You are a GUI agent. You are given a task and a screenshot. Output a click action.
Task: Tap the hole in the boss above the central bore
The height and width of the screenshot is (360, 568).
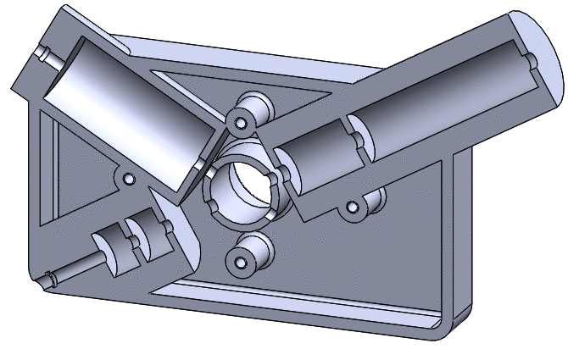241,123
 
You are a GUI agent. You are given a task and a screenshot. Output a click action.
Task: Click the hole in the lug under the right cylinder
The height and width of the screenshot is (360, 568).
354,205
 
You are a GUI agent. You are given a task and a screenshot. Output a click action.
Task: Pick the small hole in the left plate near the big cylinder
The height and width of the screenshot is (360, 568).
129,180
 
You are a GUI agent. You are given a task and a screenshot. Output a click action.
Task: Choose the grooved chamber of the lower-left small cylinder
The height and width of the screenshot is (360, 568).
136,241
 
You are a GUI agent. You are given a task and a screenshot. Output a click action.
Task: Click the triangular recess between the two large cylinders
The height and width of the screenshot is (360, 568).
280,93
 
